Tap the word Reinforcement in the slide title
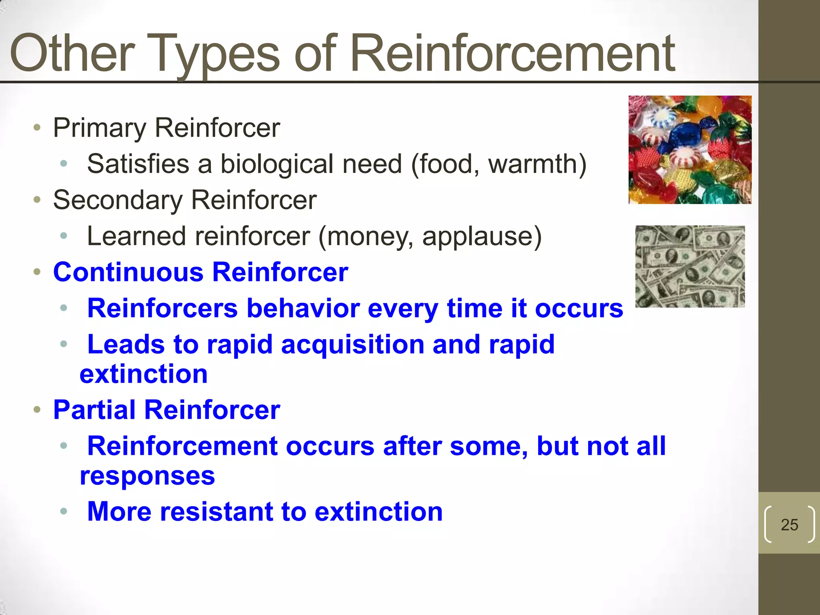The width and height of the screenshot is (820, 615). pyautogui.click(x=513, y=54)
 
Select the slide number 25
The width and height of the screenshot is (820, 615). pyautogui.click(x=789, y=525)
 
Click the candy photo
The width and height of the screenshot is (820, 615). pyautogui.click(x=690, y=150)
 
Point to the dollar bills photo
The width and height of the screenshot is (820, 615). pyautogui.click(x=690, y=267)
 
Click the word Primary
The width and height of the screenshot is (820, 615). pyautogui.click(x=100, y=129)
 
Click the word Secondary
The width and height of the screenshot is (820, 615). pyautogui.click(x=118, y=200)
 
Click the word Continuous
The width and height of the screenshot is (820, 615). pyautogui.click(x=128, y=272)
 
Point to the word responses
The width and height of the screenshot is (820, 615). pyautogui.click(x=147, y=476)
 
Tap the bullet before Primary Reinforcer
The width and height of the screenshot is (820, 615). pyautogui.click(x=37, y=128)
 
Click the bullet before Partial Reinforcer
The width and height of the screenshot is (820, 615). pyautogui.click(x=37, y=410)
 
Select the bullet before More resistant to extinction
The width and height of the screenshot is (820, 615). pyautogui.click(x=63, y=511)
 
